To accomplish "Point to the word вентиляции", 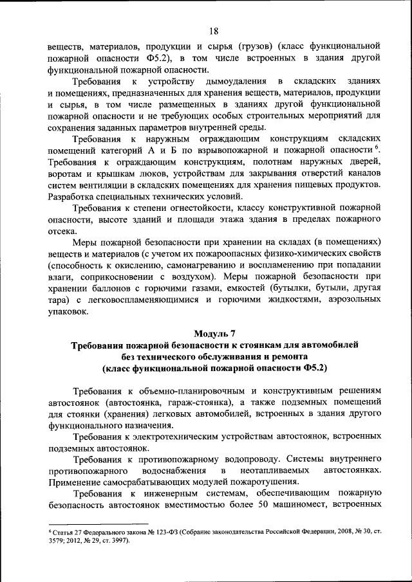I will [103, 185].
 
